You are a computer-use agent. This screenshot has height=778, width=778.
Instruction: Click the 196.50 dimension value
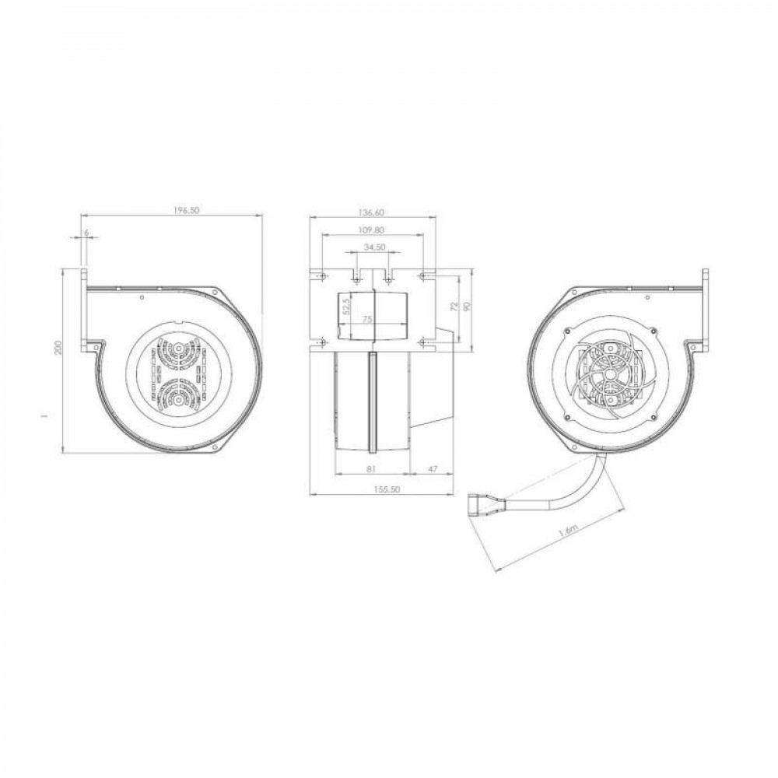pos(186,210)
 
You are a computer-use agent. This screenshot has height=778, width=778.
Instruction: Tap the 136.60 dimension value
pos(371,212)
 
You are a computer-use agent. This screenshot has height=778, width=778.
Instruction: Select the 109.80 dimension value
pos(371,230)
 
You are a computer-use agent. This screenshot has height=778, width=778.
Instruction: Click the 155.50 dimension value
pos(386,489)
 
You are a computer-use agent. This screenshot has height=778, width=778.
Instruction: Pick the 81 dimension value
pos(371,468)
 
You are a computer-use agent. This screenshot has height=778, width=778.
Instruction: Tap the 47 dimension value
pos(433,468)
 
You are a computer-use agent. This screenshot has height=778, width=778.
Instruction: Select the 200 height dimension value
pos(58,346)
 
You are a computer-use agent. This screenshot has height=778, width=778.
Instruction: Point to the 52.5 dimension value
pos(347,306)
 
